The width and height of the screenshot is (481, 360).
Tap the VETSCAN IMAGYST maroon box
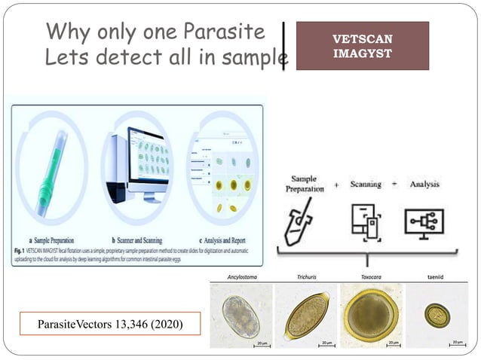point(362,46)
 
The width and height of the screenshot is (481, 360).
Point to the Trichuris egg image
point(305,315)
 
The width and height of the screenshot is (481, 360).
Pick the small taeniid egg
point(437,314)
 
